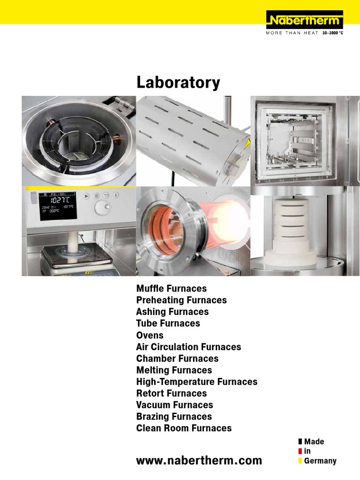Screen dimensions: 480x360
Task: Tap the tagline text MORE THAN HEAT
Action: pyautogui.click(x=292, y=33)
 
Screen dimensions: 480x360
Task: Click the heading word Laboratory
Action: pyautogui.click(x=178, y=83)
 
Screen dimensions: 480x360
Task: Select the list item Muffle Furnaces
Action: pyautogui.click(x=171, y=288)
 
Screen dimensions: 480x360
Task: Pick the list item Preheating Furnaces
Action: pyautogui.click(x=181, y=300)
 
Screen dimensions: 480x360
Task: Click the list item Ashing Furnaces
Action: pyautogui.click(x=172, y=312)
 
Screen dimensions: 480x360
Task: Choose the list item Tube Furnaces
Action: pyautogui.click(x=168, y=323)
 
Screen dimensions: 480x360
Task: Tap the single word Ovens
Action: pyautogui.click(x=150, y=335)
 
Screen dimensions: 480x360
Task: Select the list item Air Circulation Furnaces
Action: pyautogui.click(x=188, y=347)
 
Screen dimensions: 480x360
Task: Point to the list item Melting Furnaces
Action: pyautogui.click(x=174, y=370)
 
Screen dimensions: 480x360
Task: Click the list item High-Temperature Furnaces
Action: pyautogui.click(x=196, y=382)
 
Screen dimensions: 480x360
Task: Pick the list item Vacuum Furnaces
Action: pyautogui.click(x=174, y=405)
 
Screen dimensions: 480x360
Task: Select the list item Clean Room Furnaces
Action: pyautogui.click(x=184, y=428)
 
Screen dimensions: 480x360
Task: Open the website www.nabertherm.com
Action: pyautogui.click(x=199, y=460)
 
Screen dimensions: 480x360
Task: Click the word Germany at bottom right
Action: pyautogui.click(x=320, y=461)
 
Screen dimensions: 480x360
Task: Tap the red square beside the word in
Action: pyautogui.click(x=300, y=451)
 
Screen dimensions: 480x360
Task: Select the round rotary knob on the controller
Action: pyautogui.click(x=101, y=208)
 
